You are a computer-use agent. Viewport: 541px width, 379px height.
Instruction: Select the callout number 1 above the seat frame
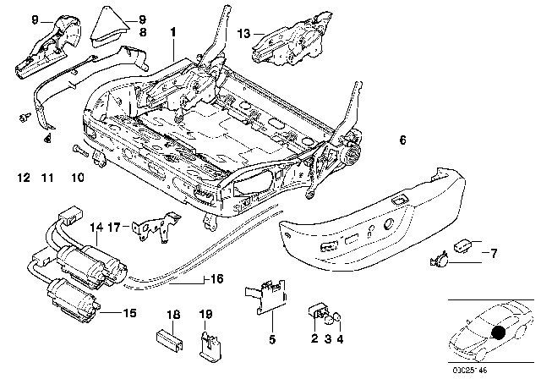[172, 31]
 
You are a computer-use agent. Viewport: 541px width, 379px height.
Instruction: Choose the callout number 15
[128, 312]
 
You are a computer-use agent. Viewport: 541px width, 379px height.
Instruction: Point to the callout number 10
[77, 179]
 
